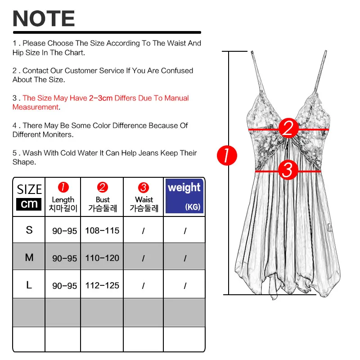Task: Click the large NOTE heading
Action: [44, 18]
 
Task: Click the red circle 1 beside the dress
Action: [227, 156]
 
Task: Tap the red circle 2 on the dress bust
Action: [288, 128]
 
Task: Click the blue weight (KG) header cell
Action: [184, 196]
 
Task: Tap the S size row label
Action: [29, 230]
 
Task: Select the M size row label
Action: [29, 257]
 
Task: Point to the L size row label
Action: [29, 285]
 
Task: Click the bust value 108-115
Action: [103, 231]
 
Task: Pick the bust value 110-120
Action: [103, 258]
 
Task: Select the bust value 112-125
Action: [103, 286]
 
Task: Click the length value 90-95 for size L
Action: [64, 286]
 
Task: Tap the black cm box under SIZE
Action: [29, 204]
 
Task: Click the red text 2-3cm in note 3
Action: [101, 98]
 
